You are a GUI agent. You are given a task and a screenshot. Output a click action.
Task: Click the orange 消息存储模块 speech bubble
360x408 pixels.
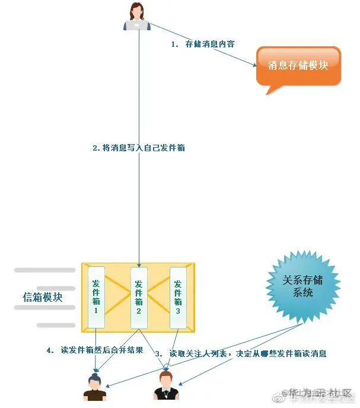(298, 65)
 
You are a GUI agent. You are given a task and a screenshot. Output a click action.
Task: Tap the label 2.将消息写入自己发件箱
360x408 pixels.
(139, 148)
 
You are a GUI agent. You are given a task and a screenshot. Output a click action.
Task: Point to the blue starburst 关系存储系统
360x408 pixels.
(302, 287)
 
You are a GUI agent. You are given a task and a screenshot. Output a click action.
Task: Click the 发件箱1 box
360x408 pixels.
(96, 297)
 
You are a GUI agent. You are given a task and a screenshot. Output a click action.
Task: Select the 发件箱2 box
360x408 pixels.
(139, 297)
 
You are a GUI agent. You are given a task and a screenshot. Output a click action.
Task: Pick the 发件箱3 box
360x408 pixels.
(178, 297)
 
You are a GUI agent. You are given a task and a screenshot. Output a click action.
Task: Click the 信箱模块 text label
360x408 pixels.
(42, 297)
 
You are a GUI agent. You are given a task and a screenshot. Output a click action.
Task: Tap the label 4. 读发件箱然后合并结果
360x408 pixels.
(95, 350)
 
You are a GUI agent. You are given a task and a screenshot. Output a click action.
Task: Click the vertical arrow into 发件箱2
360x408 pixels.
(139, 208)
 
